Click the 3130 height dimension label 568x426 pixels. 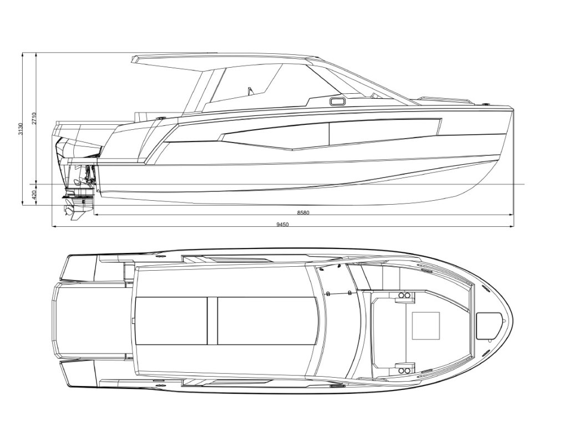pyautogui.click(x=21, y=129)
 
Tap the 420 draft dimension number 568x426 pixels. pyautogui.click(x=34, y=195)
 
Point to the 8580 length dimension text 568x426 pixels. pyautogui.click(x=303, y=212)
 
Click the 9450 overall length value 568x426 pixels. pyautogui.click(x=283, y=225)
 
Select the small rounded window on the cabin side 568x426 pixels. pyautogui.click(x=336, y=102)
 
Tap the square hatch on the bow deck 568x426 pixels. pyautogui.click(x=426, y=325)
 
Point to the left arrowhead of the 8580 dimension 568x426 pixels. pyautogui.click(x=95, y=214)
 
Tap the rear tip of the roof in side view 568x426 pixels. pyautogui.click(x=135, y=58)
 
